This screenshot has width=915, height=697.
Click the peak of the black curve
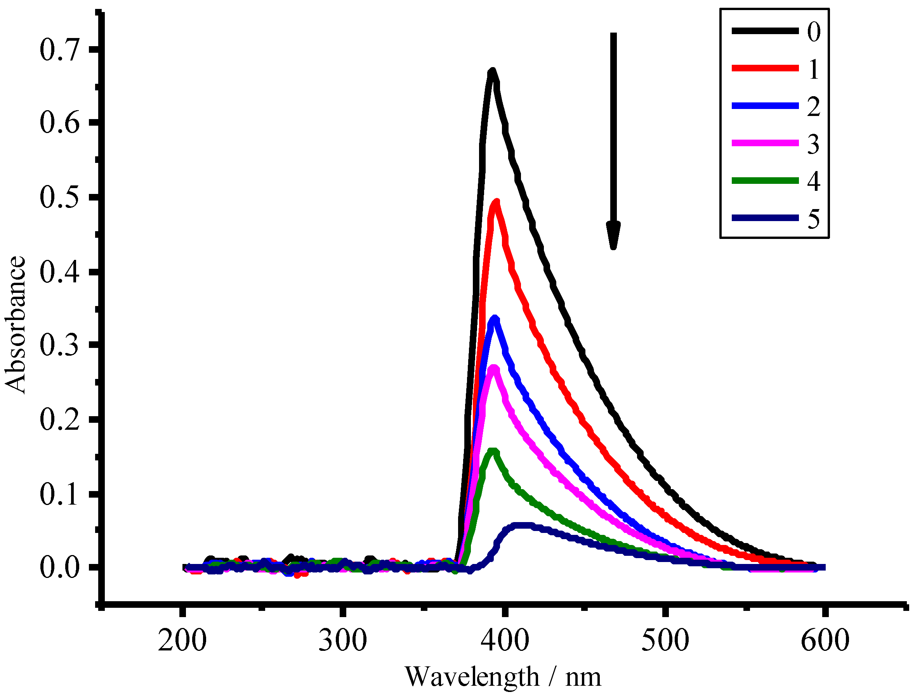pyautogui.click(x=493, y=72)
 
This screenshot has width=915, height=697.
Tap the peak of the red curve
pyautogui.click(x=496, y=202)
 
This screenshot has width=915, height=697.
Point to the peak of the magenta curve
pyautogui.click(x=494, y=368)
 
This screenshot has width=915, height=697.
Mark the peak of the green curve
pyautogui.click(x=493, y=452)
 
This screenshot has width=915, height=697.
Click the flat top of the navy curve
pyautogui.click(x=519, y=525)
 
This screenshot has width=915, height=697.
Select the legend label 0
pyautogui.click(x=814, y=31)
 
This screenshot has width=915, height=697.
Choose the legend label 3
pyautogui.click(x=813, y=144)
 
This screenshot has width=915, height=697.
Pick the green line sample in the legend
pyautogui.click(x=765, y=180)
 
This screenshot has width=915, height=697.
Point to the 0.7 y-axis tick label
pyautogui.click(x=59, y=50)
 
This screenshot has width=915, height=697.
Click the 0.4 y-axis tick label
pyautogui.click(x=59, y=273)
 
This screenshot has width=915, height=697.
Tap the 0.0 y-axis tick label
pyautogui.click(x=59, y=568)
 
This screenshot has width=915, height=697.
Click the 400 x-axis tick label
pyautogui.click(x=504, y=641)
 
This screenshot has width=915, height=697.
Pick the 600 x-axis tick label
pyautogui.click(x=825, y=641)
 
